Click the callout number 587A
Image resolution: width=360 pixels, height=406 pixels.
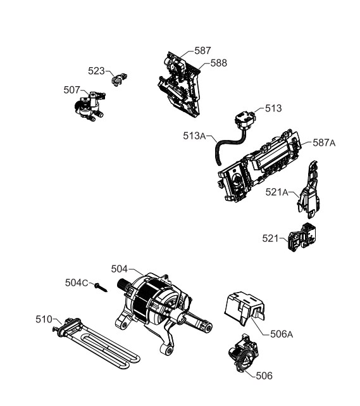click(x=324, y=143)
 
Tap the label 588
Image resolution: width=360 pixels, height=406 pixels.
click(x=218, y=63)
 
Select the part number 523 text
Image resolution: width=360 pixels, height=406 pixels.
click(x=96, y=71)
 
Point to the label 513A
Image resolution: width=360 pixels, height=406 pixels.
click(x=194, y=136)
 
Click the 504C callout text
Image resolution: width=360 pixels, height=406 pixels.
click(x=77, y=282)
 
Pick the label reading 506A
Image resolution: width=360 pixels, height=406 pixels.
click(x=282, y=334)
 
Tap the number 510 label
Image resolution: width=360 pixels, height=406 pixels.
click(x=44, y=319)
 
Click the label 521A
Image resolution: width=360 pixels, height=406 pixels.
click(x=276, y=192)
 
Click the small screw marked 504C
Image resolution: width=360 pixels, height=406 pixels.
click(x=101, y=287)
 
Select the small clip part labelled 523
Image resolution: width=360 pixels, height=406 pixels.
click(x=119, y=79)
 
